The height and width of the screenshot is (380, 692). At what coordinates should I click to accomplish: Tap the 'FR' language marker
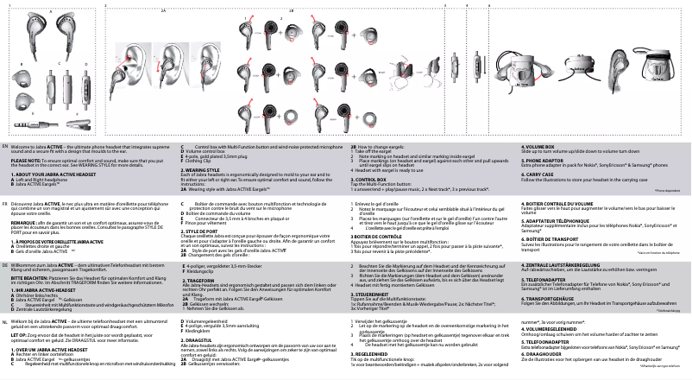tap(6, 204)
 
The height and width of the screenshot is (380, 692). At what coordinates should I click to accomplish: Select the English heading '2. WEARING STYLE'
tap(202, 170)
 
